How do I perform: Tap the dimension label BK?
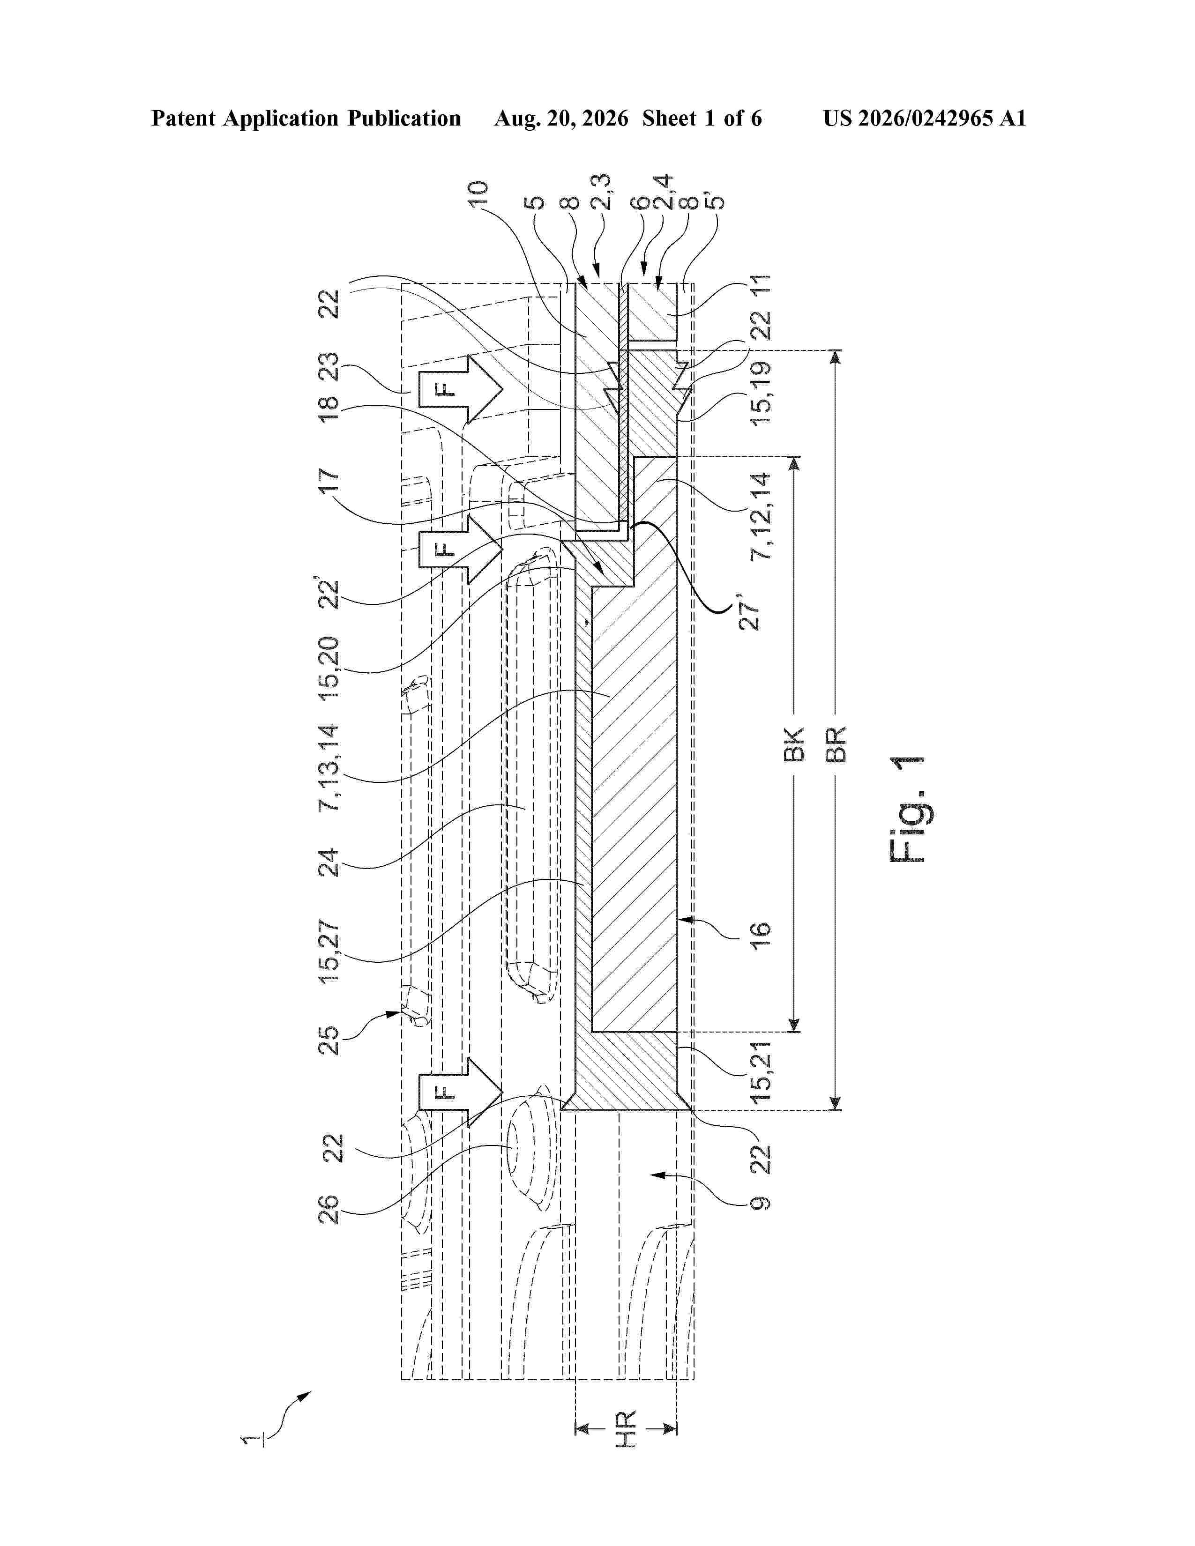click(x=794, y=744)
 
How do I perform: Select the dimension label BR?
click(x=836, y=744)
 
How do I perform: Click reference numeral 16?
click(x=760, y=939)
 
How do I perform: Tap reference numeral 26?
click(x=330, y=1208)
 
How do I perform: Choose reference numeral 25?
click(x=330, y=1040)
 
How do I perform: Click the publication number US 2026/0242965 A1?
click(x=925, y=118)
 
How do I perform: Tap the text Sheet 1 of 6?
click(x=702, y=118)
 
